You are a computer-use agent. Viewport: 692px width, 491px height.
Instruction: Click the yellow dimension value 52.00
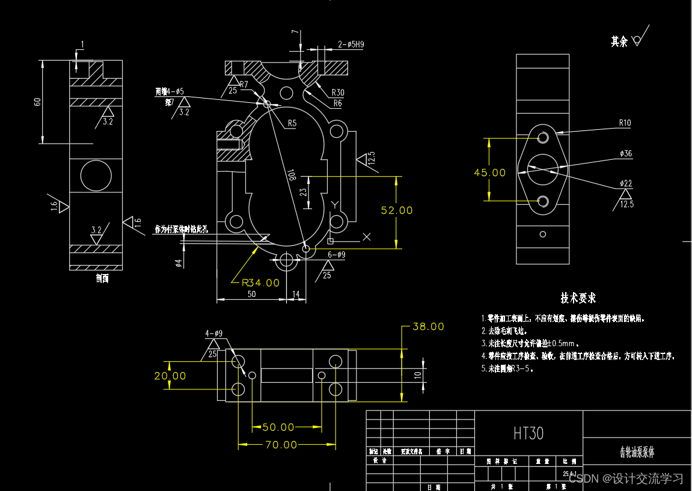coord(397,210)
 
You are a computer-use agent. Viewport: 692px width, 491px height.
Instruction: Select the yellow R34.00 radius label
coord(260,282)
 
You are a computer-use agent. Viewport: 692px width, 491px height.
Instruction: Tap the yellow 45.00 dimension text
coord(490,172)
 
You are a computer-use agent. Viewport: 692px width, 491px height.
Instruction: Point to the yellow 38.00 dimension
coord(428,327)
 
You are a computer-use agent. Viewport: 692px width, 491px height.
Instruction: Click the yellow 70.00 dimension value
coord(281,445)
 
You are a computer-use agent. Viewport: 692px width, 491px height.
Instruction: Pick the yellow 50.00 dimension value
coord(278,427)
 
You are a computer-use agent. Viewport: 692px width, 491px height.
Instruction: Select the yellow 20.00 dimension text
coord(170,376)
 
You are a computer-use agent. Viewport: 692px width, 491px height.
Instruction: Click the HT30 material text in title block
coord(528,433)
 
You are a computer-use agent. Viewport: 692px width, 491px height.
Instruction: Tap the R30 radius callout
coord(338,93)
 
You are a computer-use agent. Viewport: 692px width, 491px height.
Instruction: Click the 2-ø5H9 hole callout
coord(351,44)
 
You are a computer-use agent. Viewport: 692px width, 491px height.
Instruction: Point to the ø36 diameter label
coord(626,154)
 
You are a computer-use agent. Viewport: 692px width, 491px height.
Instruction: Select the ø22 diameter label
coord(626,183)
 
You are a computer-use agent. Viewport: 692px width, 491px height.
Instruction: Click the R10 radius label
coord(625,123)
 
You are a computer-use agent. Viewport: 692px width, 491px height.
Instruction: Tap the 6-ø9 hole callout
coord(336,255)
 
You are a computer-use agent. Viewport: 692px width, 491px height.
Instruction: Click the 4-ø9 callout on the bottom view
coord(214,333)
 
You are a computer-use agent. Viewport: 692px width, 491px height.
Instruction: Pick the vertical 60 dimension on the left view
coord(38,102)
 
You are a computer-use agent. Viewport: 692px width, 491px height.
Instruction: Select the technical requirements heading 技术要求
coord(578,298)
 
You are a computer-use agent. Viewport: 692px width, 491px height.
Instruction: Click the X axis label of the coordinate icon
coord(367,237)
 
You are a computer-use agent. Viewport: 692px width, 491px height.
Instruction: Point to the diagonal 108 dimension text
coord(292,175)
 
